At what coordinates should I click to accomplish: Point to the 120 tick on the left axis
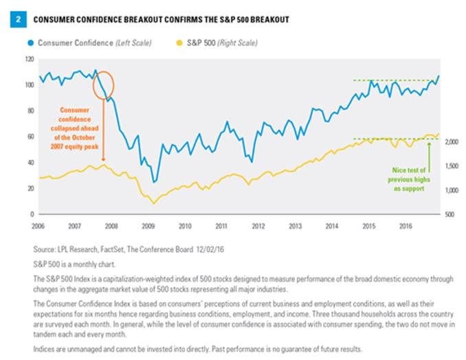29,59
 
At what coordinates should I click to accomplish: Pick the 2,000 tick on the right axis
451,142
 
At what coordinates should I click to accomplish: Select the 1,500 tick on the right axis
451,166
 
